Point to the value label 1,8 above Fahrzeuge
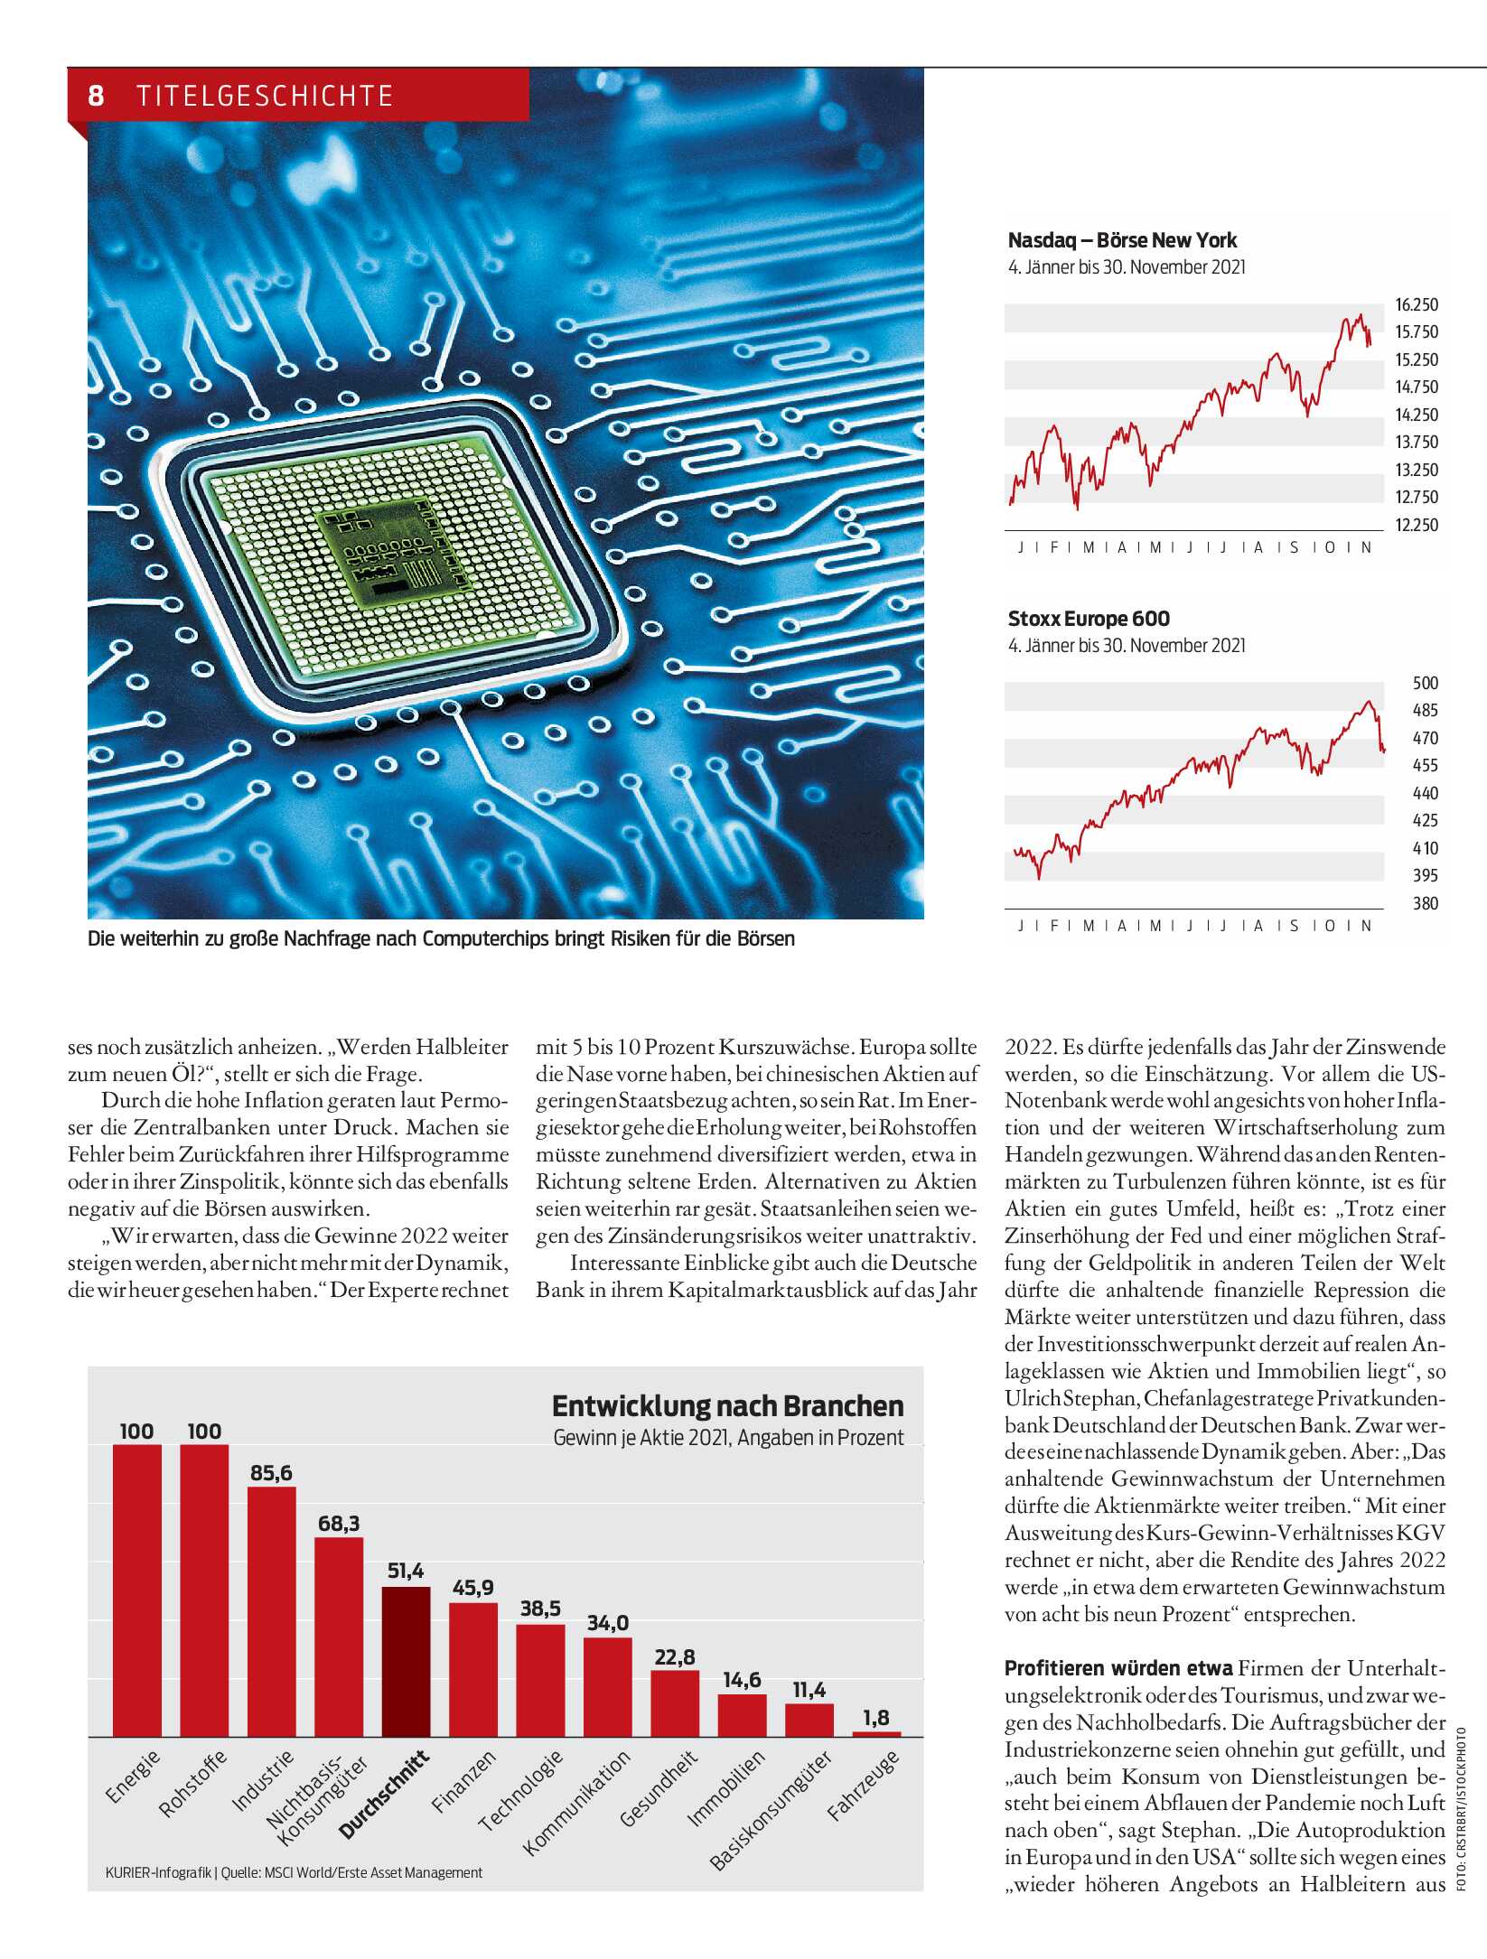point(876,1717)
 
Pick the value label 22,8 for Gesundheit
point(675,1656)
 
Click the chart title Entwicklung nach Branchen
point(727,1406)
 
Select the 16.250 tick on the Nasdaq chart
point(1416,305)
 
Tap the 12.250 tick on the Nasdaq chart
point(1416,525)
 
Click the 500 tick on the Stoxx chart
point(1425,684)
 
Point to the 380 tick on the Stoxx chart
point(1425,903)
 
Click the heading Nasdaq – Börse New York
point(1122,240)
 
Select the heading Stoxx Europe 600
point(1089,619)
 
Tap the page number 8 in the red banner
point(96,96)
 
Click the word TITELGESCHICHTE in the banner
point(265,96)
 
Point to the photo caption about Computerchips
point(441,938)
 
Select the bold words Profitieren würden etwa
point(1118,1668)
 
